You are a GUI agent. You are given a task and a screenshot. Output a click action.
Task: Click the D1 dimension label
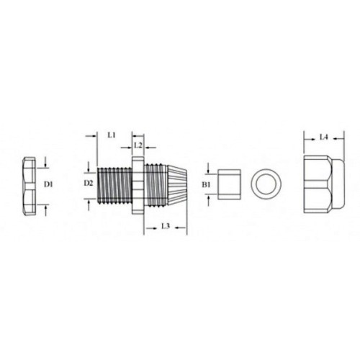pos(48,184)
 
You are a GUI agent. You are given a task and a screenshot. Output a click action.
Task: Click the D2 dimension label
pos(89,183)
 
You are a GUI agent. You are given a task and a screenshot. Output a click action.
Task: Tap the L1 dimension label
pos(112,135)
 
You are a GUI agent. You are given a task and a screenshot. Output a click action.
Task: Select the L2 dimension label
pos(138,145)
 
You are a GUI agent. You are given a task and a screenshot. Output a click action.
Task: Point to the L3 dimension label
pos(166,226)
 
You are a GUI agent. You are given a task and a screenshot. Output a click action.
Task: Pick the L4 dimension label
pos(324,137)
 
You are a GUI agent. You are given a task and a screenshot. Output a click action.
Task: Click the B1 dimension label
pos(206,184)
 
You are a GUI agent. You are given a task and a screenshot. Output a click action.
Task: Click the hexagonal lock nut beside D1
pos(29,186)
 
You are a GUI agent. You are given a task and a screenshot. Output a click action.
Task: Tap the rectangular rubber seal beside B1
pos(229,184)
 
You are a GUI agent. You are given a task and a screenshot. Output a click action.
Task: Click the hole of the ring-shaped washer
pos(266,184)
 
